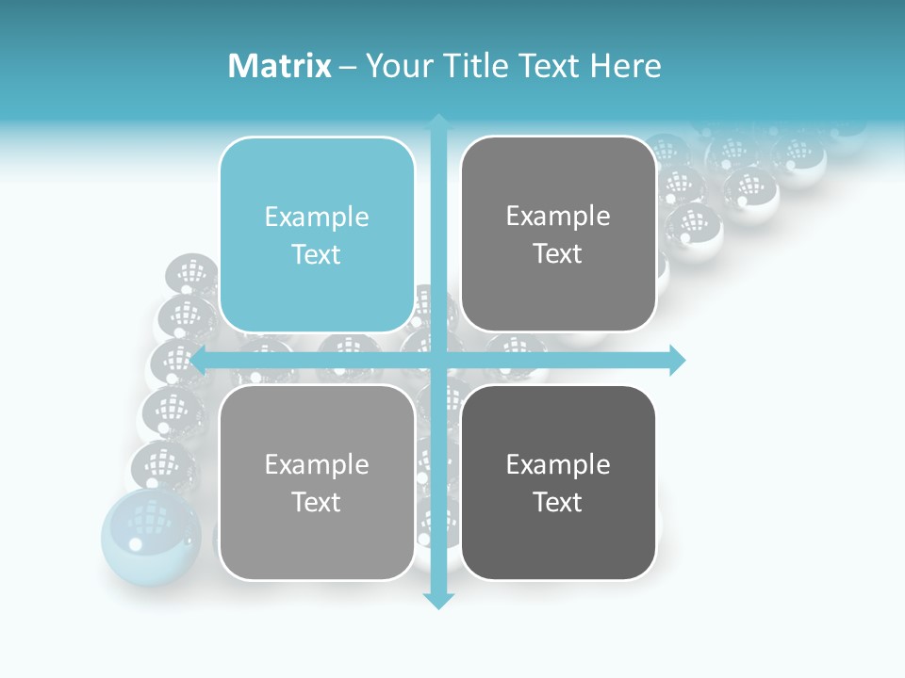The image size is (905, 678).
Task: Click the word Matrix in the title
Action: pyautogui.click(x=279, y=66)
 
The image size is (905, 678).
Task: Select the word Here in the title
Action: pyautogui.click(x=626, y=66)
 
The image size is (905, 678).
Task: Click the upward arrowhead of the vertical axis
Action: pyautogui.click(x=438, y=121)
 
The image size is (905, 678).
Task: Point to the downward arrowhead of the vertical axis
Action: pyautogui.click(x=438, y=600)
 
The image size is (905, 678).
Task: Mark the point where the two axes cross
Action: pyautogui.click(x=438, y=360)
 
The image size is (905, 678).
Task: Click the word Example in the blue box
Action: pyautogui.click(x=317, y=218)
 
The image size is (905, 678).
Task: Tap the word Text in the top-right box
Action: pyautogui.click(x=558, y=254)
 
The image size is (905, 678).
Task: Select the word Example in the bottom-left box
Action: pyautogui.click(x=317, y=464)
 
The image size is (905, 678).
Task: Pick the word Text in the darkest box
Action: pyautogui.click(x=558, y=502)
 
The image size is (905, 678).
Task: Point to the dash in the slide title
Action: pyautogui.click(x=348, y=67)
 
